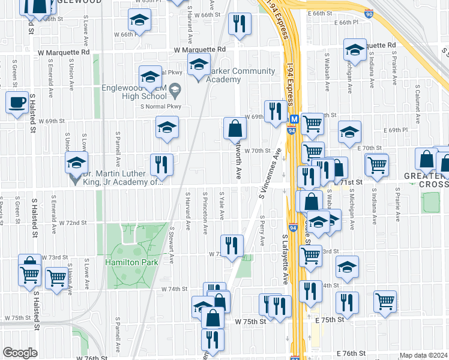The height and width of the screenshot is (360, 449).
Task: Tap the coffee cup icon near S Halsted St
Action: (x=17, y=101)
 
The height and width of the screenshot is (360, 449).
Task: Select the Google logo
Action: (x=20, y=353)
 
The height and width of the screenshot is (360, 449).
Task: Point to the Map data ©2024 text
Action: (x=424, y=355)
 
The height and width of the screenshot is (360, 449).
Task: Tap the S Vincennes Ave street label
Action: (x=270, y=175)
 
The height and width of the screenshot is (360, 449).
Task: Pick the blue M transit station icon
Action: (x=294, y=119)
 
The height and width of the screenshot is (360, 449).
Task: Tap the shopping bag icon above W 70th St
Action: (x=235, y=128)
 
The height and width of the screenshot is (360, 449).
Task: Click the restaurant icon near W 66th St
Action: (x=240, y=24)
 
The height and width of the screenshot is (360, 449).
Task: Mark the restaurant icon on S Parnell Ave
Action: (x=161, y=164)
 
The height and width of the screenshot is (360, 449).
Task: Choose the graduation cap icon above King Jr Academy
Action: (x=76, y=162)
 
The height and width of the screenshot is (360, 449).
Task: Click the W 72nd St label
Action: (x=73, y=223)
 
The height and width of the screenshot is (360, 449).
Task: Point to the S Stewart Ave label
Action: (x=172, y=245)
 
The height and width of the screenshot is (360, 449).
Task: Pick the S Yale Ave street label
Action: (x=221, y=206)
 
